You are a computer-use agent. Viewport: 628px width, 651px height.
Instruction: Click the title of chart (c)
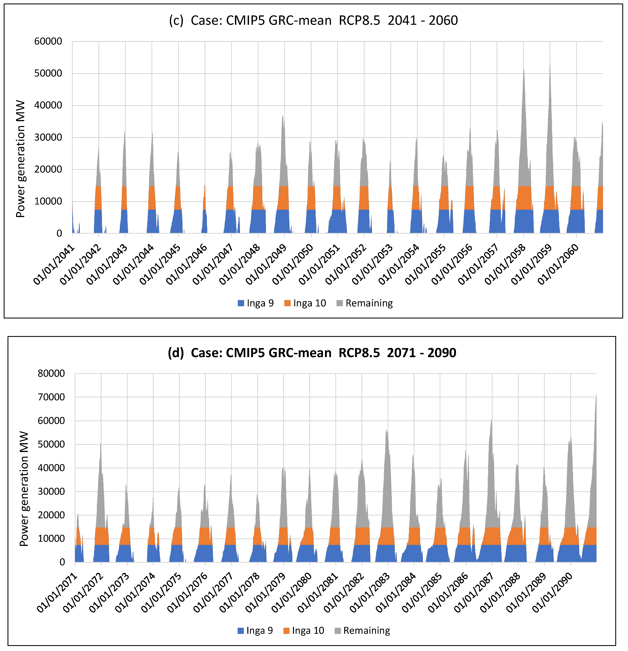pos(313,21)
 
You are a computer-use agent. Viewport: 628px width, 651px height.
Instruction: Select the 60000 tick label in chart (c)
pos(48,42)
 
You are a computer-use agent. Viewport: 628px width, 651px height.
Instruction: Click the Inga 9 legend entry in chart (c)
pos(256,303)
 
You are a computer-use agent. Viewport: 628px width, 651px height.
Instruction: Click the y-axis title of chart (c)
pos(21,159)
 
